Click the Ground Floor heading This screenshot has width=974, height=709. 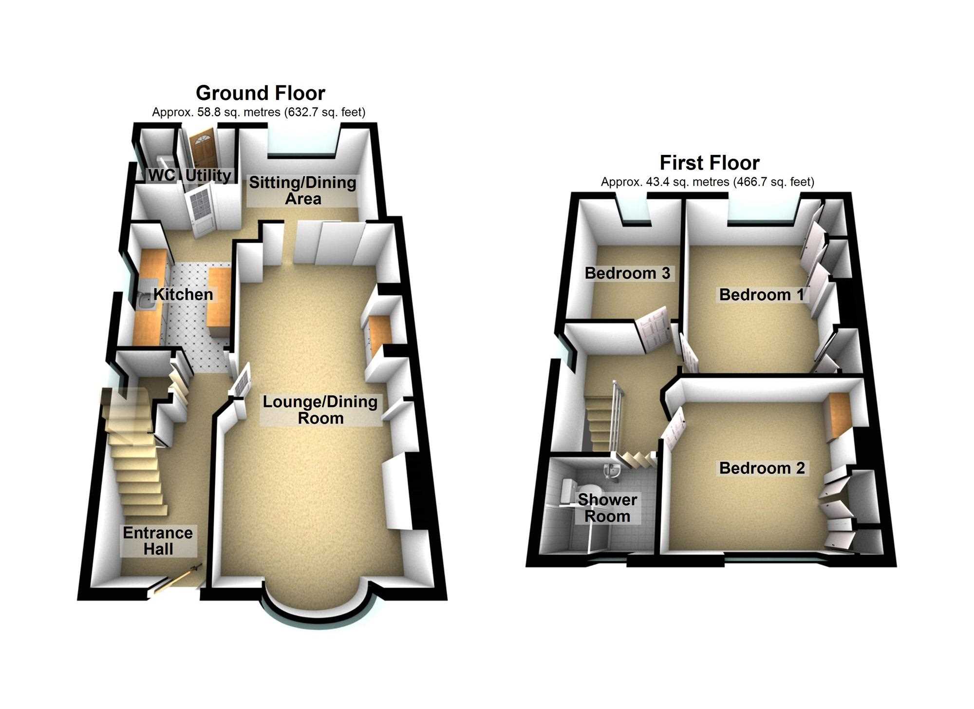point(261,93)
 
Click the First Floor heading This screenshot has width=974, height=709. point(710,162)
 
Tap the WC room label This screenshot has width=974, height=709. point(161,175)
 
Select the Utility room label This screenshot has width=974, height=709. point(208,175)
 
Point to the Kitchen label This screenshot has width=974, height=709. point(183,294)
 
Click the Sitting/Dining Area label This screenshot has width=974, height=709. point(303,191)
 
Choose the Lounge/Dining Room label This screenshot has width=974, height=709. point(320,410)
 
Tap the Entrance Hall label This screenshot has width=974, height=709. point(158,541)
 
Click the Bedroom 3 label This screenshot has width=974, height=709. point(627,273)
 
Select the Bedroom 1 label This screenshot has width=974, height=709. point(761,294)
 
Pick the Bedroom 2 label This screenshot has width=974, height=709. point(762,468)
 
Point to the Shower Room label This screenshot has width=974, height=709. point(607,508)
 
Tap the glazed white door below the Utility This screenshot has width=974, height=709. point(201,212)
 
